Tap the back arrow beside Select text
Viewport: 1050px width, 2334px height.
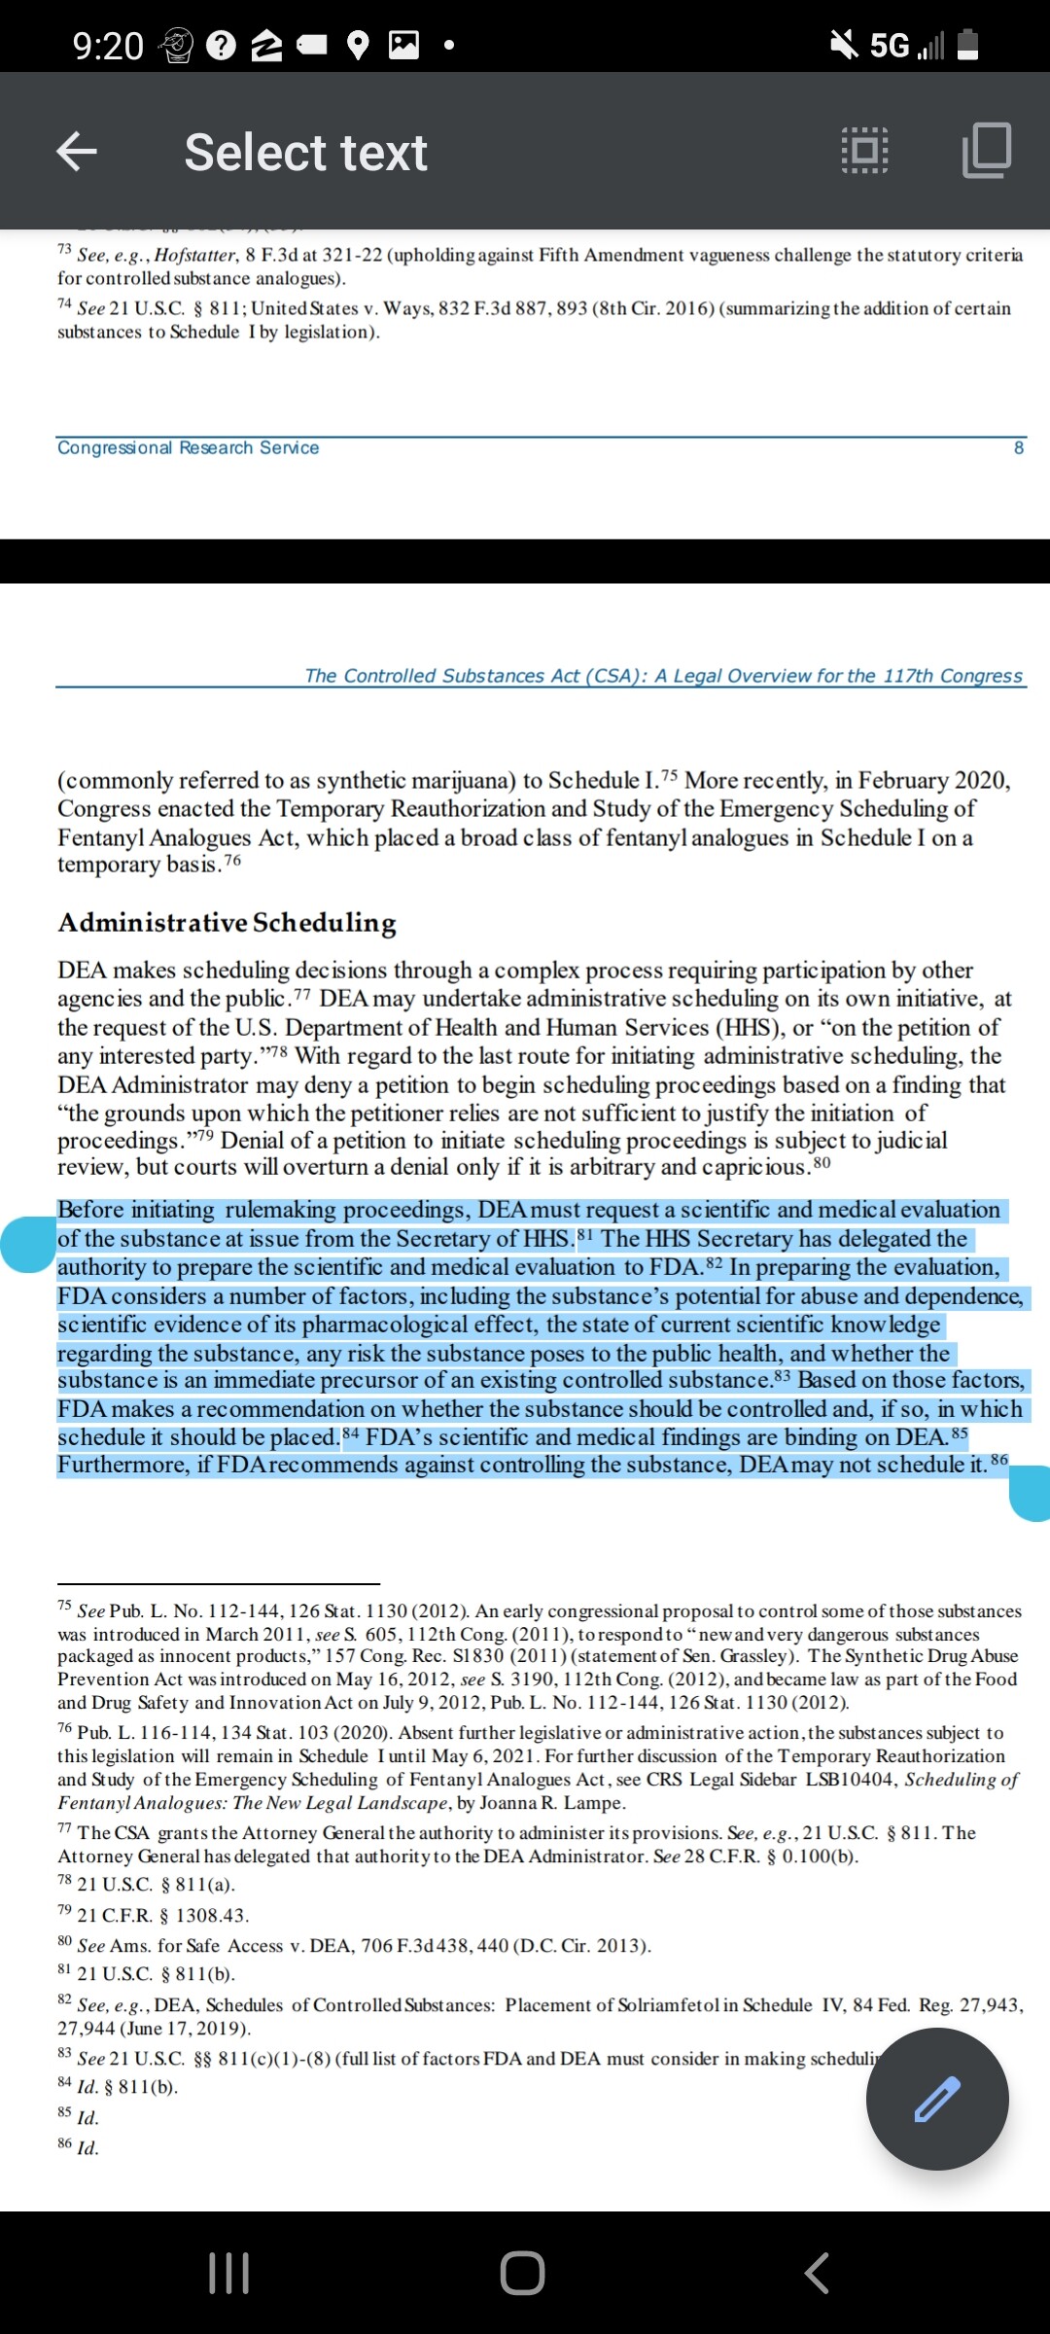pyautogui.click(x=77, y=152)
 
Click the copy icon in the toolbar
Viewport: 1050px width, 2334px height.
pyautogui.click(x=986, y=151)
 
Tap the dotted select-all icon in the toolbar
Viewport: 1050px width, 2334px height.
pyautogui.click(x=864, y=151)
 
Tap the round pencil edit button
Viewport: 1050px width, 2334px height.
pyautogui.click(x=937, y=2099)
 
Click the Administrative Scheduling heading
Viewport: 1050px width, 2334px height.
pyautogui.click(x=227, y=922)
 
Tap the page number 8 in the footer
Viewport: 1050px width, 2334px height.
pyautogui.click(x=1019, y=447)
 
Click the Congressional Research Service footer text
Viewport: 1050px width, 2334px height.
pyautogui.click(x=188, y=447)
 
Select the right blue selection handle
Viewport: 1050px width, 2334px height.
pyautogui.click(x=1031, y=1493)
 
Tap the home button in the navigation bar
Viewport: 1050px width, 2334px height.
pyautogui.click(x=523, y=2273)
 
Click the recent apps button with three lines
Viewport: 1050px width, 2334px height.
pyautogui.click(x=229, y=2273)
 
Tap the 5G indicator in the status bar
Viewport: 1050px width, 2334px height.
pyautogui.click(x=889, y=45)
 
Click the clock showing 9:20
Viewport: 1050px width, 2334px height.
pyautogui.click(x=108, y=46)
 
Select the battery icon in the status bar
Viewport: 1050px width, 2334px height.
pyautogui.click(x=967, y=45)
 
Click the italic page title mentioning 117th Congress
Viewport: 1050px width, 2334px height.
pyautogui.click(x=663, y=676)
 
